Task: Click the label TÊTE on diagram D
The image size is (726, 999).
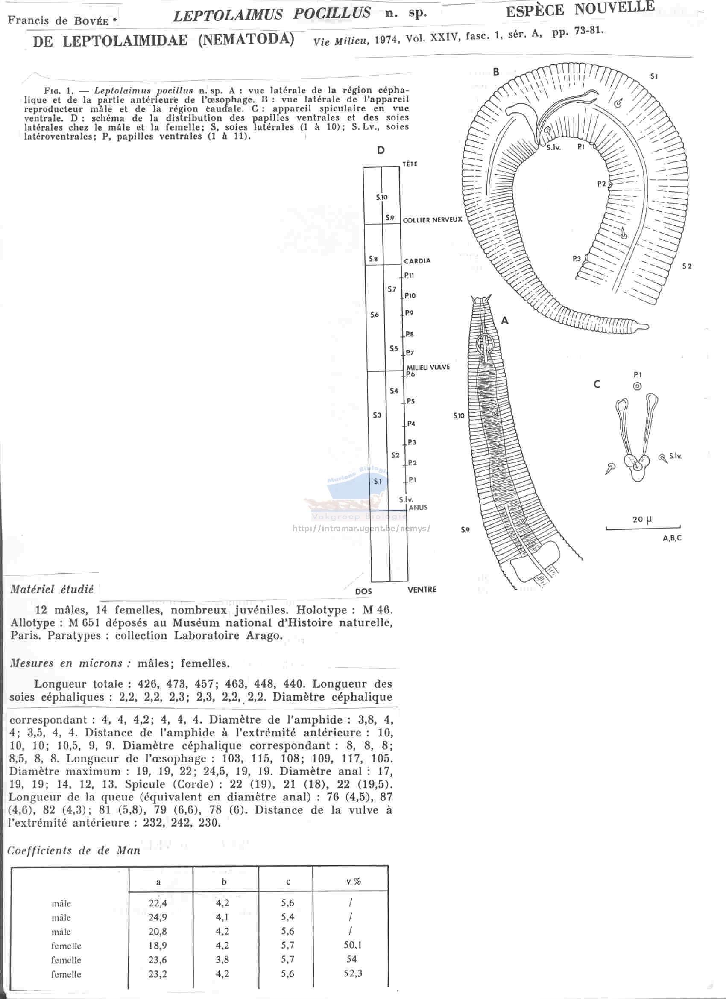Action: click(x=410, y=164)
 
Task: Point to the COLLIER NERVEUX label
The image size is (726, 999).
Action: click(x=433, y=220)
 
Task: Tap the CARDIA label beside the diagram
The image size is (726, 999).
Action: click(x=417, y=261)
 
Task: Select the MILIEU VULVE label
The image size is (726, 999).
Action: click(x=428, y=367)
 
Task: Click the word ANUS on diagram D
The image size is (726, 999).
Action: click(x=418, y=508)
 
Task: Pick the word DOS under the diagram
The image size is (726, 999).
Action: click(x=363, y=591)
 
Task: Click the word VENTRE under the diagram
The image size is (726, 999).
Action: click(x=422, y=589)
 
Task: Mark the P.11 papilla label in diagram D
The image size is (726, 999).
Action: click(x=409, y=276)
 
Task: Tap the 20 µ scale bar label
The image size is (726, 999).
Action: click(x=642, y=519)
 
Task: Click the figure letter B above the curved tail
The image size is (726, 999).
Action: click(x=496, y=72)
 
